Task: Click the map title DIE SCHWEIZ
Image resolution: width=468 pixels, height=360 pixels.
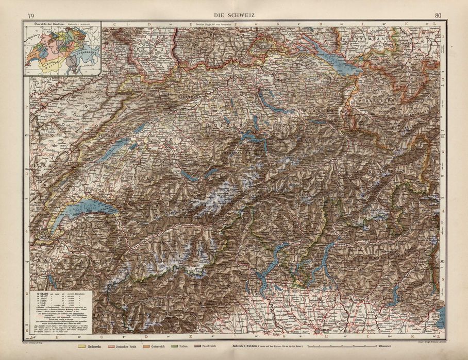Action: click(234, 15)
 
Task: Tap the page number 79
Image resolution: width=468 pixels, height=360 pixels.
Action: click(32, 15)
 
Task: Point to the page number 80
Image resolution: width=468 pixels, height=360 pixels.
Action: click(438, 15)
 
